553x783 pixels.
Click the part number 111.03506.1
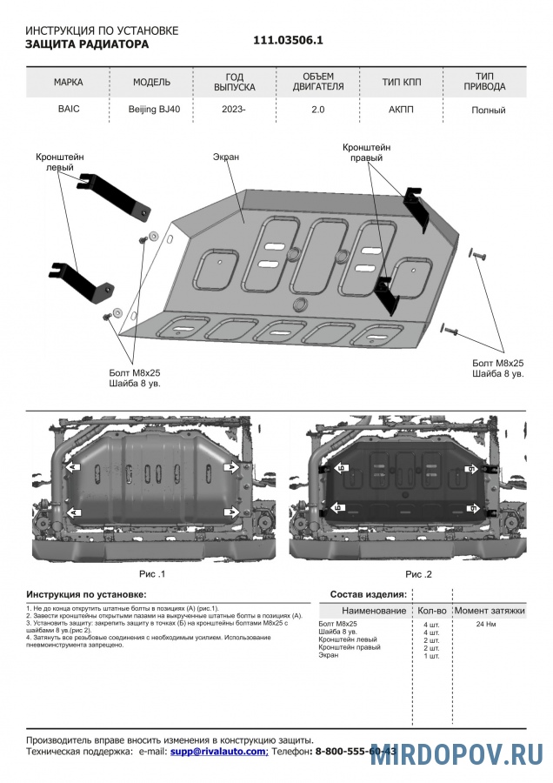coord(288,40)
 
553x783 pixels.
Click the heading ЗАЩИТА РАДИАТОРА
coord(87,43)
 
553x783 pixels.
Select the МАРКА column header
coord(68,83)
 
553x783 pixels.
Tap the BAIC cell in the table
coord(68,110)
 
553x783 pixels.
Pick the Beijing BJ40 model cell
coord(151,110)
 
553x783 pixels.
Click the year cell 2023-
coord(234,110)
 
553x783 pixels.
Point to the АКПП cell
coord(402,110)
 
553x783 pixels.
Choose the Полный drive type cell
coord(488,110)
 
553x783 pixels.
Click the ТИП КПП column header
coord(402,83)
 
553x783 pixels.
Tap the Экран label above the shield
coord(225,157)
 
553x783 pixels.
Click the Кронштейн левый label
coord(60,162)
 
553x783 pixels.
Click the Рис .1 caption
coord(151,574)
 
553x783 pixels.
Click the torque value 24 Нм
coord(486,625)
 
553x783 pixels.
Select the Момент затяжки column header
coord(490,611)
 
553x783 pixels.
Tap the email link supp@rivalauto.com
coord(218,751)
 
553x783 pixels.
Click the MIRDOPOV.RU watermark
coord(456,754)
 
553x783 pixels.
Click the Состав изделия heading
coord(368,594)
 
